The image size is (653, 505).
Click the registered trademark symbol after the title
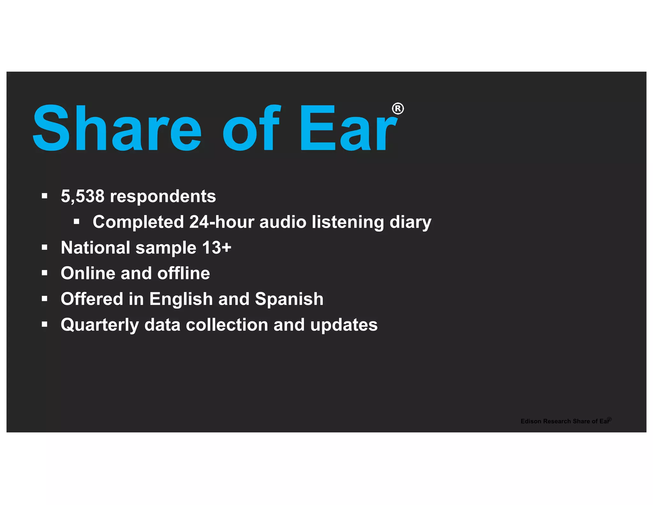tap(398, 109)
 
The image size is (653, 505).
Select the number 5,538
tap(83, 196)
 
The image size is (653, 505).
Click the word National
tap(95, 248)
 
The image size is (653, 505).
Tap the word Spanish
tap(289, 299)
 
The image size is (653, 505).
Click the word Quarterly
tap(100, 325)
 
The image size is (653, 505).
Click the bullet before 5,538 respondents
tap(44, 196)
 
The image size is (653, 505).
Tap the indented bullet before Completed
tap(76, 222)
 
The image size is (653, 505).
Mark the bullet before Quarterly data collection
tap(44, 325)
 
